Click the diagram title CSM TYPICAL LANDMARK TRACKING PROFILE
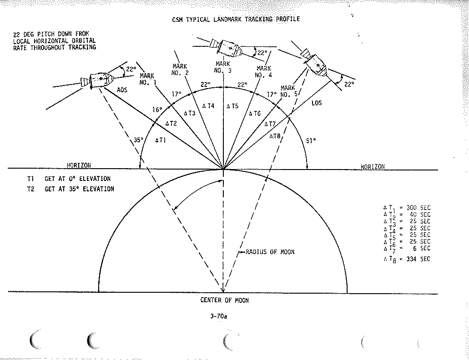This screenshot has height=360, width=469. coord(236,19)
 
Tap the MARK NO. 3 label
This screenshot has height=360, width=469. coord(223,67)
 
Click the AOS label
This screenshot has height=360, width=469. coord(122,90)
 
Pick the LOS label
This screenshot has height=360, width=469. coord(317,103)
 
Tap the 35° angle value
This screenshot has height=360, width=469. coord(139,140)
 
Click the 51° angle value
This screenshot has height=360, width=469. coord(311,140)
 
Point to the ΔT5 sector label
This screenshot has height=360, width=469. coord(232,106)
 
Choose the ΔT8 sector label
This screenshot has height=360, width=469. coord(275,136)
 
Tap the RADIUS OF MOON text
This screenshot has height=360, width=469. coord(270,252)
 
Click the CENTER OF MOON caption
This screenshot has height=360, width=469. coord(224,300)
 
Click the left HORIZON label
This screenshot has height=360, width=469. coord(80,166)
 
